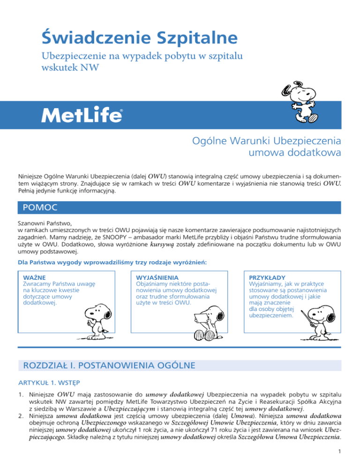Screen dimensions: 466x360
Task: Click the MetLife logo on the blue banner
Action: pyautogui.click(x=82, y=114)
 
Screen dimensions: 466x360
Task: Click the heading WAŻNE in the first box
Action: pyautogui.click(x=34, y=278)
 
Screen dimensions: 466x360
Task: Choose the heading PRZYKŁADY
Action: pyautogui.click(x=267, y=278)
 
